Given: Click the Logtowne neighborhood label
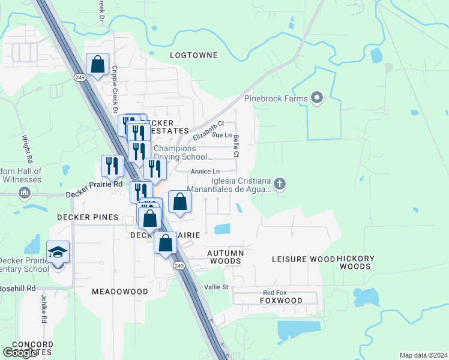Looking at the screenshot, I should click(193, 55).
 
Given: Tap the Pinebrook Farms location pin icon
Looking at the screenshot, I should click(318, 98).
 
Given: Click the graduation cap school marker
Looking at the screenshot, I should click(58, 252).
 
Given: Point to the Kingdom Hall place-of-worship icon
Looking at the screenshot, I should click(25, 193).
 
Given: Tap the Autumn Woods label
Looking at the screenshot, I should click(226, 257).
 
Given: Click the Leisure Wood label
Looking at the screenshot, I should click(303, 259).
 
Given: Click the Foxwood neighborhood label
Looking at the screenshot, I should click(282, 301).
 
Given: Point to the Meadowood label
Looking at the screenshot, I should click(120, 291).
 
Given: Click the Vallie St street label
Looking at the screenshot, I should click(217, 287).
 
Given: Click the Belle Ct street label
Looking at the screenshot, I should click(237, 146).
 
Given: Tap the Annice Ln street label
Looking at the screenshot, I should click(205, 172).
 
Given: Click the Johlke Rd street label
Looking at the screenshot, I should click(44, 308).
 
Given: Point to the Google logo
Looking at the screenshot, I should click(20, 352).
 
